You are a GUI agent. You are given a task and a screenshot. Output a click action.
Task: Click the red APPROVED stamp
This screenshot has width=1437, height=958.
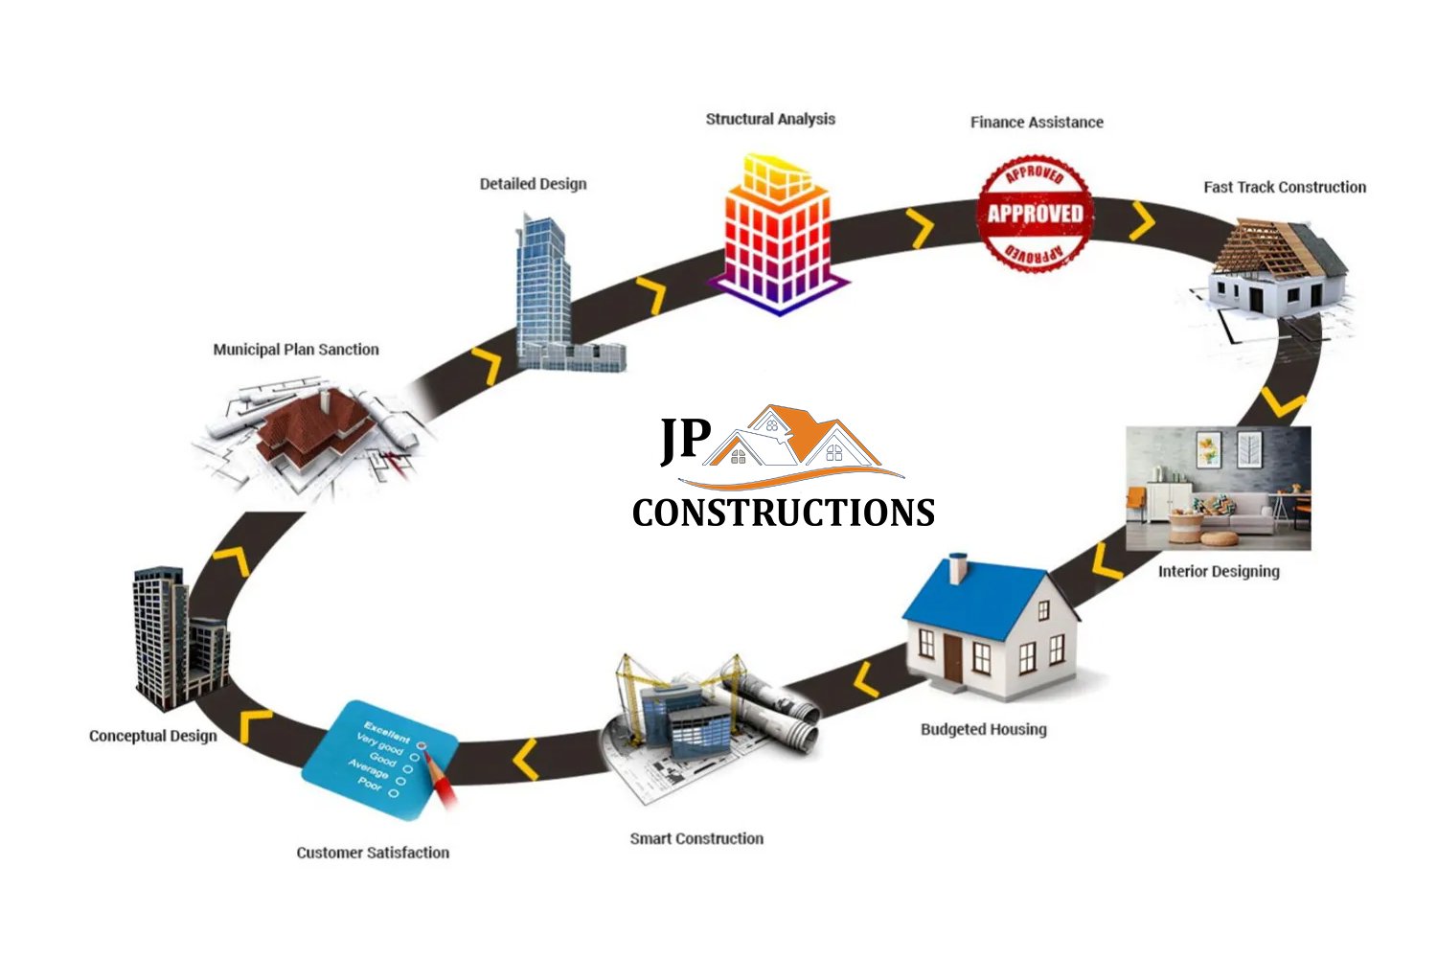tap(1035, 213)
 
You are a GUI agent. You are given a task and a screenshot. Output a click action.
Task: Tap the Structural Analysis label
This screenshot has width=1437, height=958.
tap(770, 119)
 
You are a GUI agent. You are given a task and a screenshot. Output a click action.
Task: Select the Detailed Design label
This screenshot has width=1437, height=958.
tap(533, 184)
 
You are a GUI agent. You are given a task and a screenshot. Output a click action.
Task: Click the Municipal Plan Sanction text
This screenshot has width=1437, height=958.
tap(296, 350)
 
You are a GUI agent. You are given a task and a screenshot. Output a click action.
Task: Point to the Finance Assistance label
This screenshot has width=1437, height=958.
tap(1037, 123)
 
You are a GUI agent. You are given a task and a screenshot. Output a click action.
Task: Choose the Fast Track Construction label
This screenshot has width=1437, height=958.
tap(1285, 187)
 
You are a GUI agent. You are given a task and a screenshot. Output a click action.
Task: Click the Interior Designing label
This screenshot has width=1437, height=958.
tap(1219, 572)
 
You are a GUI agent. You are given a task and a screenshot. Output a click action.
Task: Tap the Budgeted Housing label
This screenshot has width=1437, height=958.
tap(984, 729)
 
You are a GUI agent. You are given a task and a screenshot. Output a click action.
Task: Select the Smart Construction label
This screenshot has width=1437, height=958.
tap(696, 838)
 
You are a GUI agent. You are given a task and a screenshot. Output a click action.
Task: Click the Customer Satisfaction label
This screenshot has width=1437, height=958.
tap(373, 853)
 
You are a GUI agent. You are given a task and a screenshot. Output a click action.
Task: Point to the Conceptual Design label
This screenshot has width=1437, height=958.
tap(153, 736)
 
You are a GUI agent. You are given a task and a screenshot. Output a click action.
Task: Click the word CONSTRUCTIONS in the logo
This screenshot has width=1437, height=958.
tap(784, 513)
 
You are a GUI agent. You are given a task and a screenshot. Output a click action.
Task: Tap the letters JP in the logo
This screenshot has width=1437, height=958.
tap(685, 440)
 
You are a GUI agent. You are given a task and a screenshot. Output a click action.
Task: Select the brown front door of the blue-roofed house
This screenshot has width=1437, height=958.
tap(952, 657)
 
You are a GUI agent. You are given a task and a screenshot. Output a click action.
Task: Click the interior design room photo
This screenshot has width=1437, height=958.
tap(1218, 489)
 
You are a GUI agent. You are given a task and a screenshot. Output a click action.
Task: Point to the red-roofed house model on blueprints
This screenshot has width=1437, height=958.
tap(311, 426)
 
